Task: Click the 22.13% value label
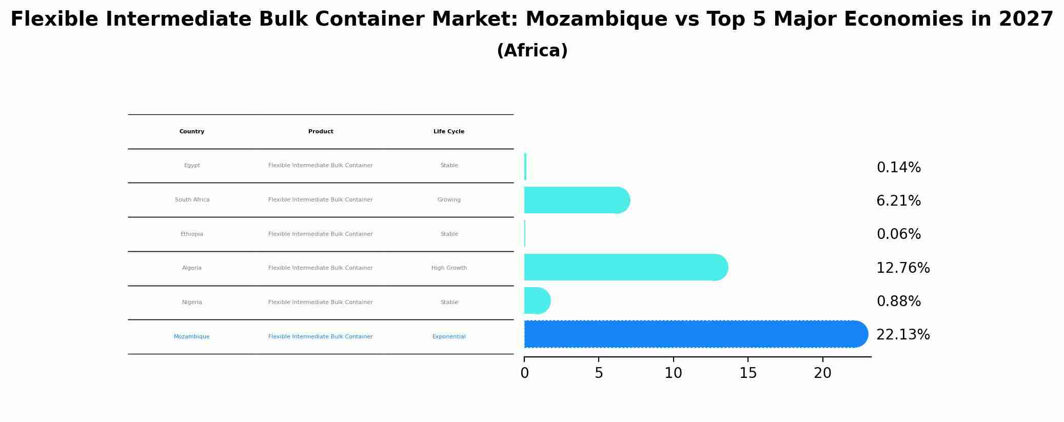[x=903, y=335]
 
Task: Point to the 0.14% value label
[x=898, y=168]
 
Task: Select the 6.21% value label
[x=898, y=201]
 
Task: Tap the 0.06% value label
[x=898, y=234]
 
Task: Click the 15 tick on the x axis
[x=748, y=373]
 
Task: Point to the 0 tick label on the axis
[x=524, y=373]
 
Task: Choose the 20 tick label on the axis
[x=822, y=373]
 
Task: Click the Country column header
[x=192, y=132]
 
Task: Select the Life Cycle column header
[x=449, y=132]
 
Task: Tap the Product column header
[x=321, y=132]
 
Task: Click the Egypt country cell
[x=192, y=166]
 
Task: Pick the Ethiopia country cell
[x=192, y=234]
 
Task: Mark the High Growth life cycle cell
[x=449, y=268]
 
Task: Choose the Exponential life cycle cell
[x=449, y=337]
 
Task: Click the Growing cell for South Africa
[x=449, y=200]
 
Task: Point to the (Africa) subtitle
[x=532, y=51]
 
